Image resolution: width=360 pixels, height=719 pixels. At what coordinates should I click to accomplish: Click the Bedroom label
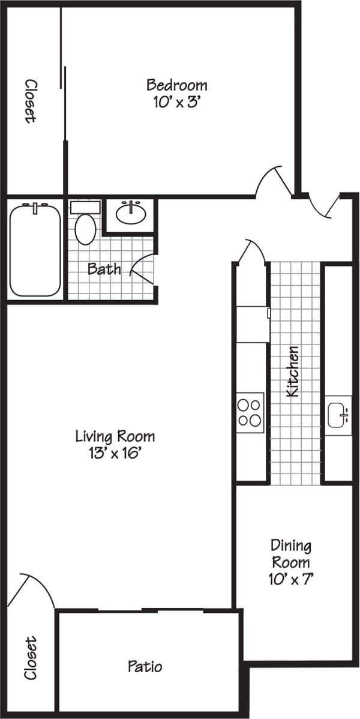(177, 85)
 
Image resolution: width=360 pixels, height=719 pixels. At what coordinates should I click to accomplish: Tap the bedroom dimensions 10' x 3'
(177, 102)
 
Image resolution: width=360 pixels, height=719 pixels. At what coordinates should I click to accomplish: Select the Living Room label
(115, 436)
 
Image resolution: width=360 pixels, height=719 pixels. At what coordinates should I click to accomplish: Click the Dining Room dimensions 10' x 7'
(291, 580)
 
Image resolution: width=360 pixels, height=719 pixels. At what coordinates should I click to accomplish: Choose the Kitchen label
(293, 372)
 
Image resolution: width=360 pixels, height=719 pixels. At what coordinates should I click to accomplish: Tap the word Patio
(145, 666)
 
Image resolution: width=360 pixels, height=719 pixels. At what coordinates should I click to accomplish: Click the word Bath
(104, 269)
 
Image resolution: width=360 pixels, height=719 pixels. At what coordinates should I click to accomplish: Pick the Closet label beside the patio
(31, 658)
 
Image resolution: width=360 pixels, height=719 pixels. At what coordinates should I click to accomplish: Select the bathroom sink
(131, 213)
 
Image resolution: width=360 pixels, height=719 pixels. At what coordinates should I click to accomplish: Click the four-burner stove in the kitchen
(250, 411)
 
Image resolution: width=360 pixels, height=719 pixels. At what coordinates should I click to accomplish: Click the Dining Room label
(291, 554)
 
